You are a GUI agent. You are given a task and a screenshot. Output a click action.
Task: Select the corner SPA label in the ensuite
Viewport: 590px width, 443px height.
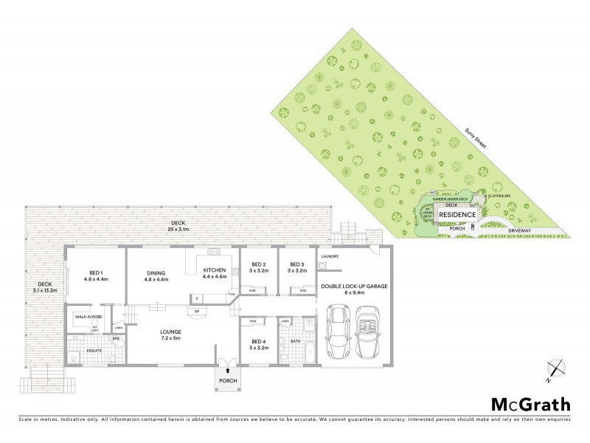(x=116, y=339)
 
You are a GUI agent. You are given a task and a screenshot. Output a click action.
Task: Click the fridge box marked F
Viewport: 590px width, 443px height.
(x=196, y=298)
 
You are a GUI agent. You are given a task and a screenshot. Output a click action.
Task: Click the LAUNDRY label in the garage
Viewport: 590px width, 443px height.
(x=330, y=257)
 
